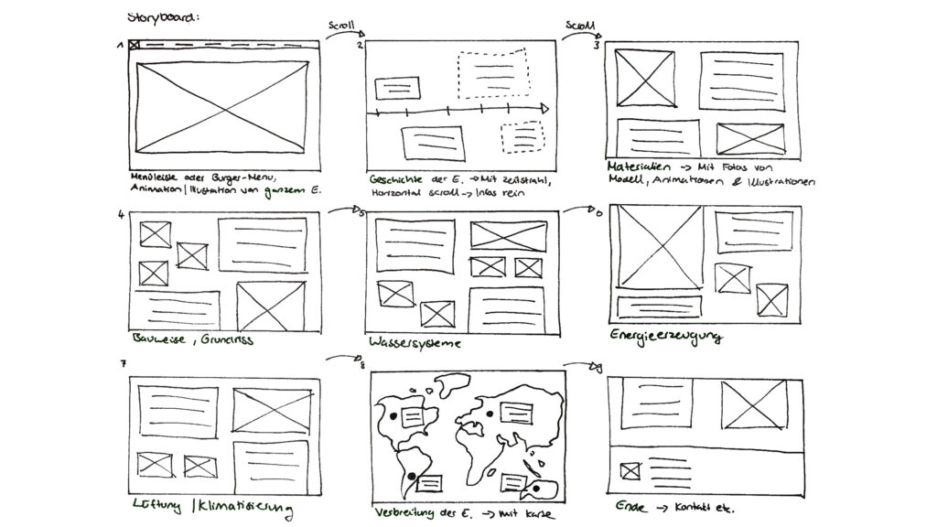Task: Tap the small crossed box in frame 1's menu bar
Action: (135, 45)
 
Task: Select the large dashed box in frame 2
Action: (494, 74)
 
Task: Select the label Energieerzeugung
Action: (664, 337)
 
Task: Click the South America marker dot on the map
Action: (411, 475)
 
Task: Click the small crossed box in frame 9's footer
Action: (629, 471)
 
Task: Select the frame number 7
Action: (123, 364)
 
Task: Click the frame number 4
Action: (121, 216)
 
